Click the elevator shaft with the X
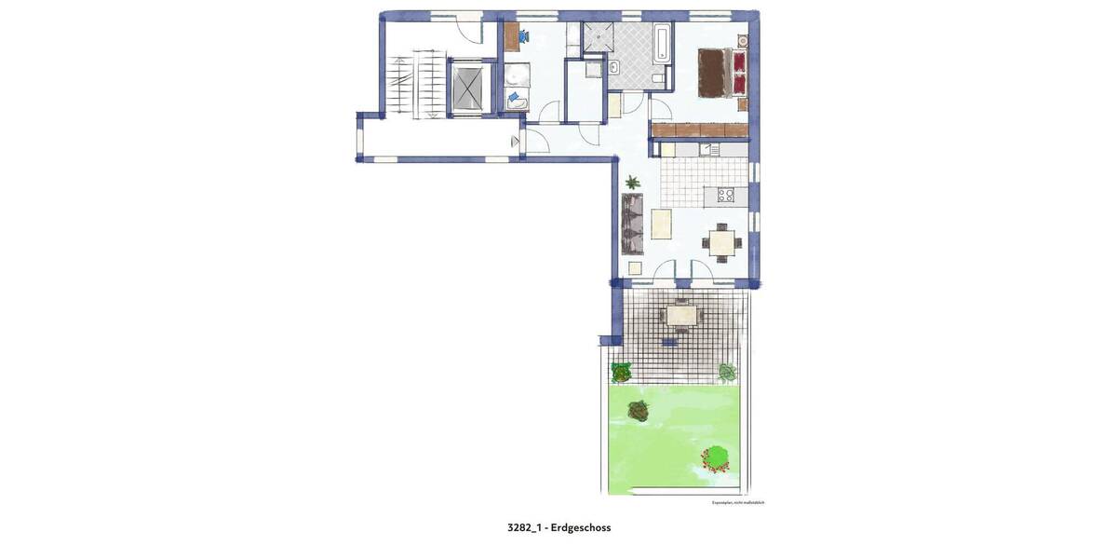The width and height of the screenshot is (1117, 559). pos(468,87)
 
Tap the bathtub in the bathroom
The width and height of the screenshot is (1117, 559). pos(661,44)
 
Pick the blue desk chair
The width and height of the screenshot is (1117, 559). pos(524,37)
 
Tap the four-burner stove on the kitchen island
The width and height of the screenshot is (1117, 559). pos(724,196)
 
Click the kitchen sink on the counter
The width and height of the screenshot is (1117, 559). pos(708,149)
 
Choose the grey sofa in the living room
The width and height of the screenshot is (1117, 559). pos(634,224)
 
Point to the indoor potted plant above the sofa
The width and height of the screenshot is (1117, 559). pos(633,182)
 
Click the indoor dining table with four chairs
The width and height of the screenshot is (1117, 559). pos(722,242)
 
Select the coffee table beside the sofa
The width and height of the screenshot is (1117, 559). pos(662,224)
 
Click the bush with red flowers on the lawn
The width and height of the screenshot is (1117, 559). pos(716,458)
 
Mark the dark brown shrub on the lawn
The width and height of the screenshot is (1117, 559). pos(639,409)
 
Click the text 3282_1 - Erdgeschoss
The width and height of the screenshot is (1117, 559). pos(558,527)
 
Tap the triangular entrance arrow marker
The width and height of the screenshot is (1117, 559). pos(515,142)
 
